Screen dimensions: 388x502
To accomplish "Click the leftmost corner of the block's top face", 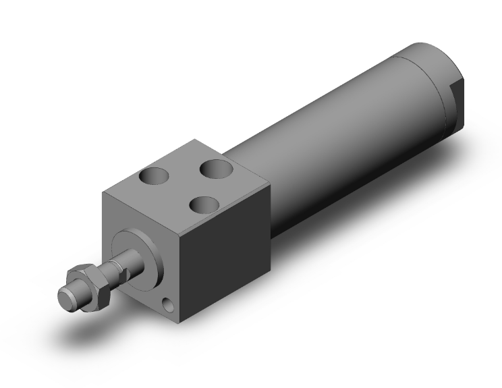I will [x=103, y=193].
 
